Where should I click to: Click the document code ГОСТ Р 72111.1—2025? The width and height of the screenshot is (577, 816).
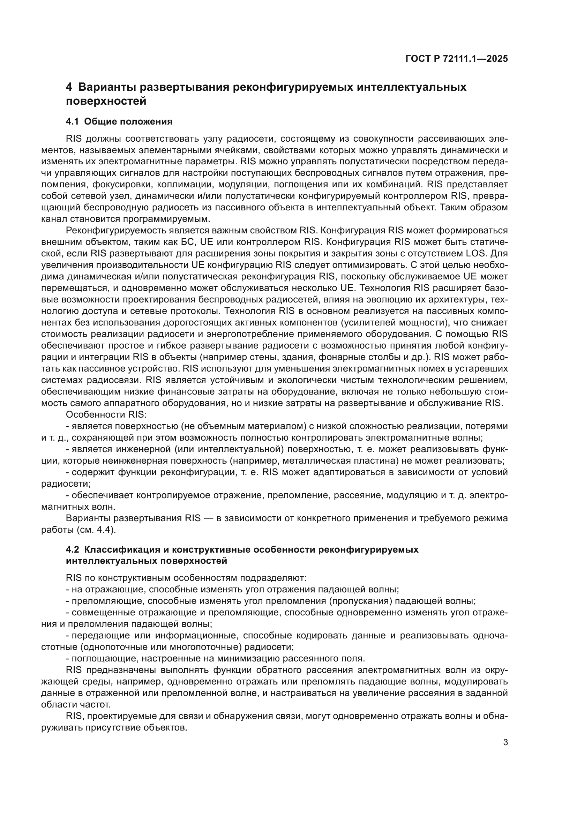pos(456,59)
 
